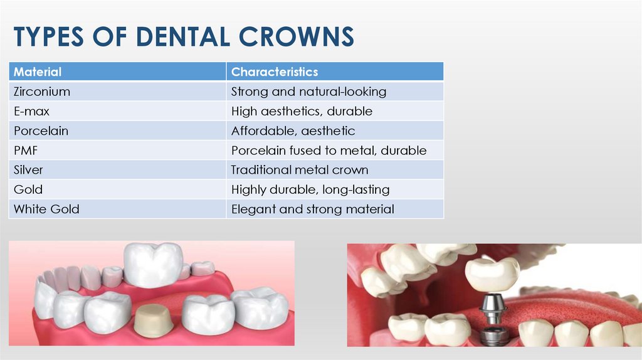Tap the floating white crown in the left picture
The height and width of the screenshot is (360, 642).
pyautogui.click(x=153, y=263)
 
